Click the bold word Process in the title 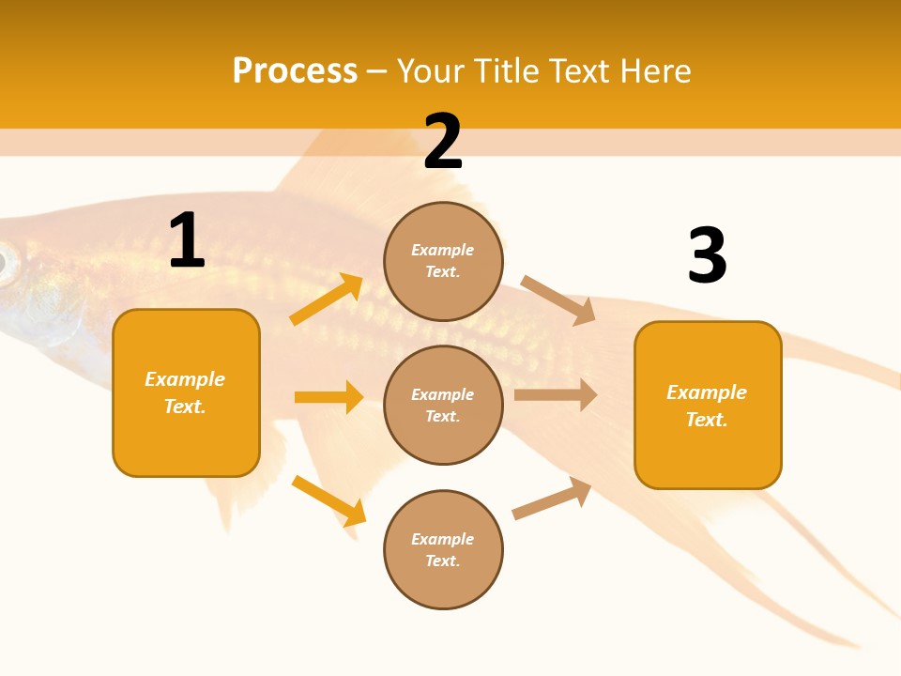tap(295, 71)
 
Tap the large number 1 tap(187, 241)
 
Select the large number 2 tap(443, 142)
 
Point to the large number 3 tap(707, 255)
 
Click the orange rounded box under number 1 tap(186, 441)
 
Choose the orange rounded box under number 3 tap(708, 455)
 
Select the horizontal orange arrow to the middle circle tap(328, 397)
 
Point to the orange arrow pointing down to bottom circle tap(328, 500)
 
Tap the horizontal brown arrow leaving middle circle tap(556, 395)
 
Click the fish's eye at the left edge tap(7, 264)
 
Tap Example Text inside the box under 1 tap(185, 392)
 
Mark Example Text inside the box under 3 tap(707, 406)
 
